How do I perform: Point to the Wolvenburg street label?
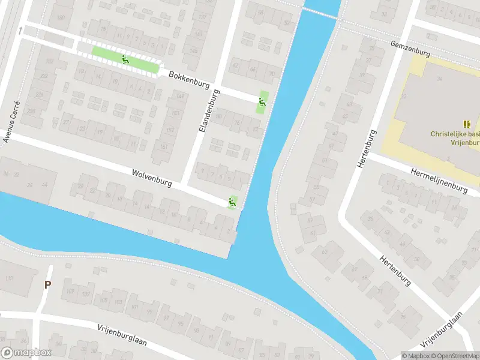[x=152, y=178]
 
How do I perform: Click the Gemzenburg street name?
[x=410, y=49]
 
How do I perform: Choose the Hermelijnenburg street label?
[x=439, y=180]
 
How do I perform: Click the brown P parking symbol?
[x=47, y=285]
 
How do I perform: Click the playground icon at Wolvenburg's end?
[x=232, y=203]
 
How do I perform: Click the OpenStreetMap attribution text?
[x=456, y=356]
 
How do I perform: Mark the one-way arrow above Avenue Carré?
[x=20, y=30]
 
